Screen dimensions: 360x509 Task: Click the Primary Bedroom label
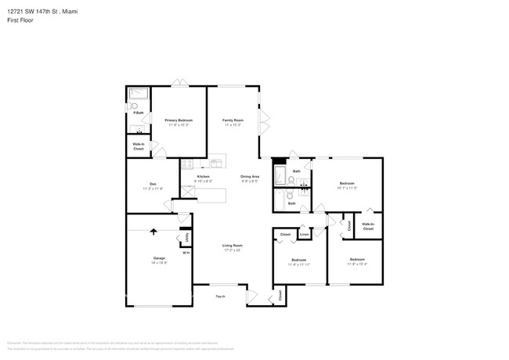pyautogui.click(x=179, y=120)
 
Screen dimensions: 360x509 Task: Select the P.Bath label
pyautogui.click(x=138, y=114)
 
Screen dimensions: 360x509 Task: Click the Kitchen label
pyautogui.click(x=203, y=177)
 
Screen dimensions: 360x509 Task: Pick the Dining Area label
pyautogui.click(x=250, y=177)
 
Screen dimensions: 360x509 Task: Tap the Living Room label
pyautogui.click(x=231, y=246)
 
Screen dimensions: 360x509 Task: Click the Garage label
pyautogui.click(x=159, y=258)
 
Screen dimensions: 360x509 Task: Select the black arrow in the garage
pyautogui.click(x=153, y=232)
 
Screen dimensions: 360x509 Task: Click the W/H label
pyautogui.click(x=186, y=252)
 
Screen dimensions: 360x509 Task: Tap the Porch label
pyautogui.click(x=221, y=296)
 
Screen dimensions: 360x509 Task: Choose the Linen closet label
pyautogui.click(x=304, y=234)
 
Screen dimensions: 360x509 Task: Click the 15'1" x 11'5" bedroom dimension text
pyautogui.click(x=346, y=188)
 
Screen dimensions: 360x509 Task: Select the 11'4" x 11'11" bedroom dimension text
pyautogui.click(x=299, y=265)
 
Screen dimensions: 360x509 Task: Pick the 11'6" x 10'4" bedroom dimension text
pyautogui.click(x=357, y=264)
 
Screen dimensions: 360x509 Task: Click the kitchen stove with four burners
pyautogui.click(x=187, y=164)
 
